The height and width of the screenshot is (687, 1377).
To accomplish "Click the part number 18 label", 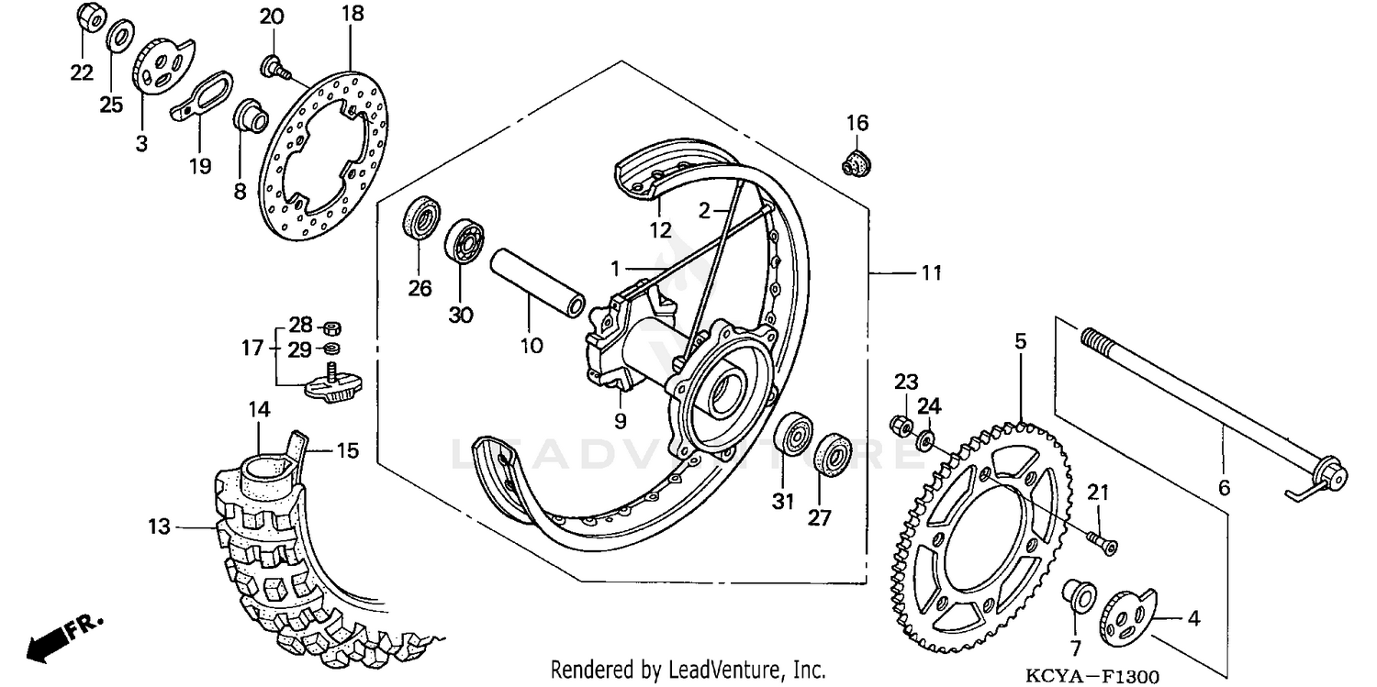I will pos(353,14).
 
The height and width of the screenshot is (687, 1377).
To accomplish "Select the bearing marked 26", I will pos(420,219).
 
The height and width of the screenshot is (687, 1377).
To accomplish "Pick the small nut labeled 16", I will pos(856,163).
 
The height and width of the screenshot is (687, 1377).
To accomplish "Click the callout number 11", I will pos(932,272).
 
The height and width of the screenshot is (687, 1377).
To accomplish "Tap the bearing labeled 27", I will pos(834,455).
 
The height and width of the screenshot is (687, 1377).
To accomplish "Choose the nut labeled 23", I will pos(901,425).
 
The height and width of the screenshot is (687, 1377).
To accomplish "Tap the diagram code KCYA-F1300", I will pos(1092,677).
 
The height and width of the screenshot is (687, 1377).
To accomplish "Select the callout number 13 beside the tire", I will pos(160,526).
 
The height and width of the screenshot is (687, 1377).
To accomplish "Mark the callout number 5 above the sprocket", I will pos(1021,342).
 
